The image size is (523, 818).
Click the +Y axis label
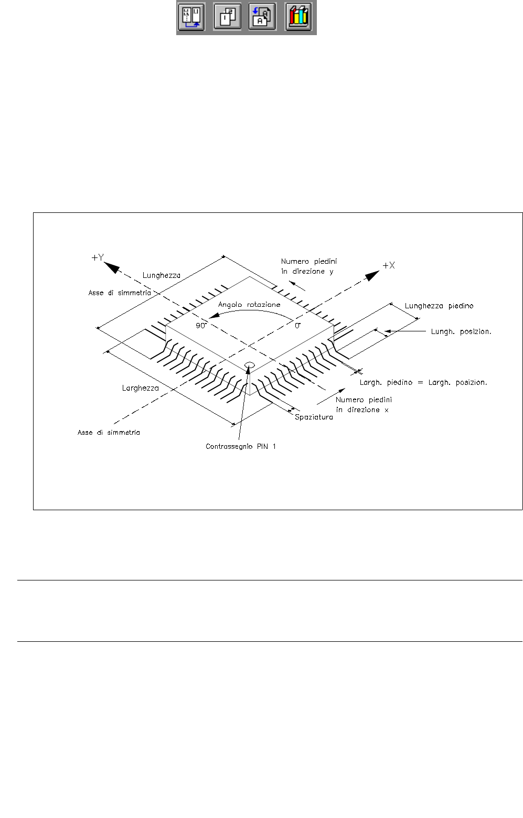(x=98, y=257)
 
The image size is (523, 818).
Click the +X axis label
(x=389, y=265)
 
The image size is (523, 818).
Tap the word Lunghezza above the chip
(x=162, y=275)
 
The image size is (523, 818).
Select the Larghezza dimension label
(x=140, y=388)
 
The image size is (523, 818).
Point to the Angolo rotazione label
(x=249, y=305)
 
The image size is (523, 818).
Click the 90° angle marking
(x=201, y=326)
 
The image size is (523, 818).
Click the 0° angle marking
(x=297, y=326)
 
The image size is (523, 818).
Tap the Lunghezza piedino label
(x=439, y=306)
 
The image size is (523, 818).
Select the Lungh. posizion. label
(x=461, y=331)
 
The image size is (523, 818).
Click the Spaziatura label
(x=314, y=417)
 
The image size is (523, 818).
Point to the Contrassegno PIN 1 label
(x=241, y=447)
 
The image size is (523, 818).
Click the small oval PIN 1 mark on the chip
(x=250, y=365)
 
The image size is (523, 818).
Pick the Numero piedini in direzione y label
(x=308, y=266)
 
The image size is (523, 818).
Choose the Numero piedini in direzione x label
(x=364, y=405)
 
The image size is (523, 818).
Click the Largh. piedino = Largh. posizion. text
(x=423, y=383)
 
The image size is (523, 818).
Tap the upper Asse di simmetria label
(x=120, y=293)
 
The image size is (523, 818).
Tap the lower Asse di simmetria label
(x=109, y=433)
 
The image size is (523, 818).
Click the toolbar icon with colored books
(x=298, y=17)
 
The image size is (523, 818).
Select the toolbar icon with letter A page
(x=262, y=17)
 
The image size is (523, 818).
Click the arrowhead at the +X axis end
(x=373, y=275)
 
